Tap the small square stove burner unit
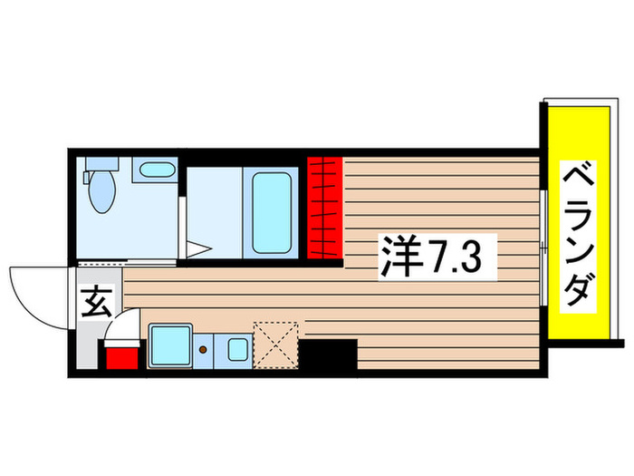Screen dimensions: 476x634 pyautogui.click(x=237, y=348)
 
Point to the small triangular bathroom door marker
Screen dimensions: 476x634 pyautogui.click(x=200, y=248)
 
